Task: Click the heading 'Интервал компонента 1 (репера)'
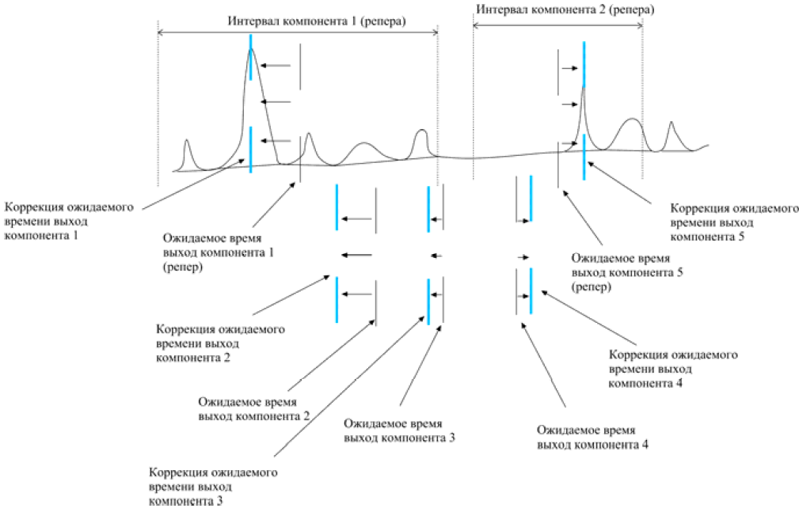coord(317,21)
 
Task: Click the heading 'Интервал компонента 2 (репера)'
coord(565,9)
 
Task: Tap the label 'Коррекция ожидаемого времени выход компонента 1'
coord(69,222)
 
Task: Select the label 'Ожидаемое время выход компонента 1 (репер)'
coord(219,252)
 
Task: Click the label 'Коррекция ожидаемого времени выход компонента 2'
coord(220,343)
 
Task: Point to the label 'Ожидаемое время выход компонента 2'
coord(253,409)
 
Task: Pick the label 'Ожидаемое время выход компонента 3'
coord(399,430)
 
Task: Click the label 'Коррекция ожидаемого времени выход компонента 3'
coord(213,487)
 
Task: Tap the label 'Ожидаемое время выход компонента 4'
coord(592,438)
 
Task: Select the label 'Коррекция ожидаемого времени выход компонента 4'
coord(673,369)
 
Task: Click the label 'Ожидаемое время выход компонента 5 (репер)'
coord(627,272)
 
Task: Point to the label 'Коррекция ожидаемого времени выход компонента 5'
coord(734,222)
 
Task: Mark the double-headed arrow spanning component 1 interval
coord(298,32)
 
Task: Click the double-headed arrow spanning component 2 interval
coord(557,25)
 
